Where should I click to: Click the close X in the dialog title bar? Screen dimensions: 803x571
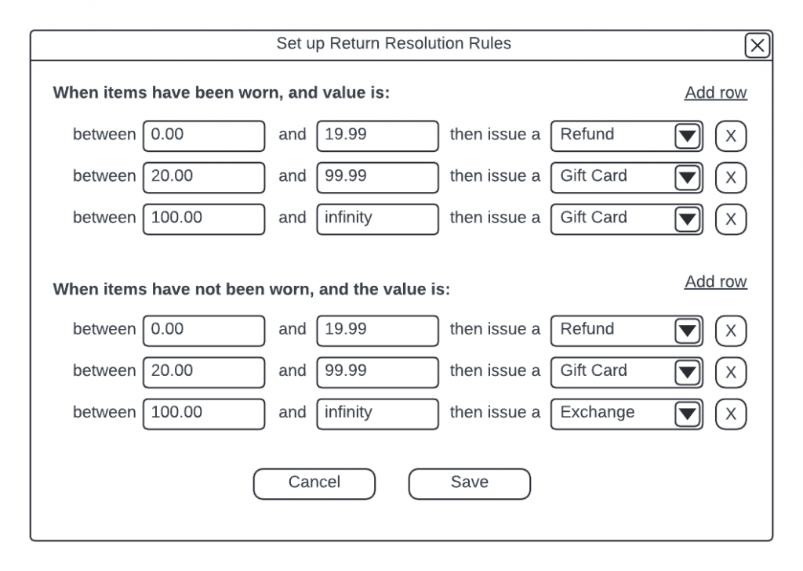pyautogui.click(x=758, y=45)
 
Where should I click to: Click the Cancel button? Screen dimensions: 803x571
pyautogui.click(x=314, y=483)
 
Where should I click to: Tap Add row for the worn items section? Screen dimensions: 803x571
pyautogui.click(x=715, y=92)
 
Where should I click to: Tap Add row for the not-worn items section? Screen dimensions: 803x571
pyautogui.click(x=715, y=281)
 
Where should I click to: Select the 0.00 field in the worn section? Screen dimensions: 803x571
pyautogui.click(x=204, y=136)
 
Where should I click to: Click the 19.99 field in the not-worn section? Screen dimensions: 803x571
pyautogui.click(x=377, y=331)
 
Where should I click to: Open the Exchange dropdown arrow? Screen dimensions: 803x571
pyautogui.click(x=687, y=414)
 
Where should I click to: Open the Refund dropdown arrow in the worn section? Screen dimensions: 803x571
pyautogui.click(x=687, y=136)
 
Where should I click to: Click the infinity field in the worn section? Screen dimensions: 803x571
pyautogui.click(x=377, y=219)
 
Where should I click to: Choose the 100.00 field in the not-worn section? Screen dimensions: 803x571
pyautogui.click(x=204, y=414)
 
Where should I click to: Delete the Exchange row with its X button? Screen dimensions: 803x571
pyautogui.click(x=731, y=414)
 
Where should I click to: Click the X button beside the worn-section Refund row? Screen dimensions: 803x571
pyautogui.click(x=731, y=136)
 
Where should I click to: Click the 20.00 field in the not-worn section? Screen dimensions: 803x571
pyautogui.click(x=204, y=372)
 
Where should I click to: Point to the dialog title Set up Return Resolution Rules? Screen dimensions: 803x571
pyautogui.click(x=394, y=44)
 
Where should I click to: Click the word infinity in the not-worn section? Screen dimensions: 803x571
pyautogui.click(x=348, y=412)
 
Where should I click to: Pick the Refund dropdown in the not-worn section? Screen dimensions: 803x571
pyautogui.click(x=627, y=331)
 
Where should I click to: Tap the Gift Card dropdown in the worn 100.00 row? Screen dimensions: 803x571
pyautogui.click(x=627, y=219)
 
